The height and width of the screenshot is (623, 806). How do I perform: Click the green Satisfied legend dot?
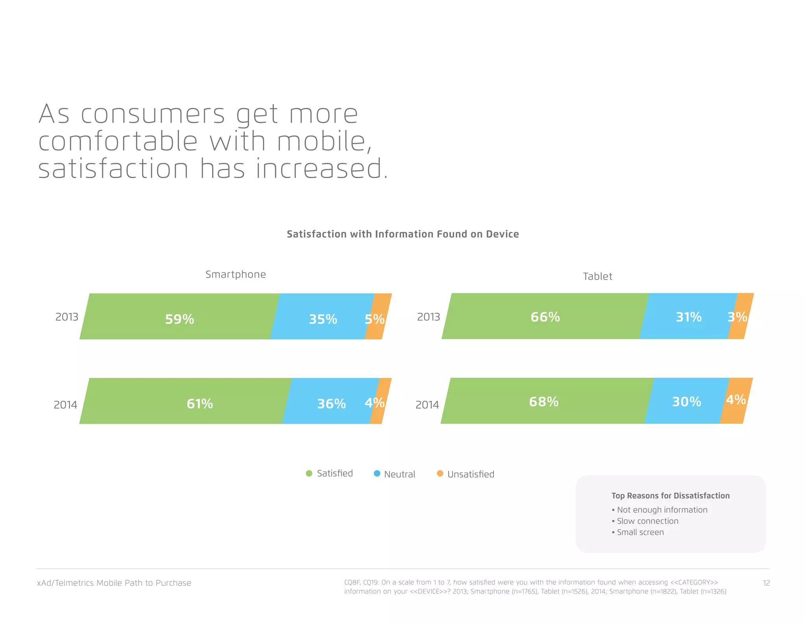[309, 473]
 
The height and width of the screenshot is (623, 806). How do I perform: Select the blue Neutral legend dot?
[377, 473]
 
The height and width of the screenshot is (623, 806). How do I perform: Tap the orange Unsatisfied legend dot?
[440, 473]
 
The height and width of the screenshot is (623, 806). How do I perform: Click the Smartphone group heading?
[235, 274]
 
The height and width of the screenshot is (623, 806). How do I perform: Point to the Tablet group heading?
[597, 276]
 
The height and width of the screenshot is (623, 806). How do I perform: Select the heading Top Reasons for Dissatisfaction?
[670, 496]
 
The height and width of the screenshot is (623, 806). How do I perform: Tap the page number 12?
[766, 583]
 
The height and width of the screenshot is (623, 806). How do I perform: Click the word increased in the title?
[319, 169]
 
